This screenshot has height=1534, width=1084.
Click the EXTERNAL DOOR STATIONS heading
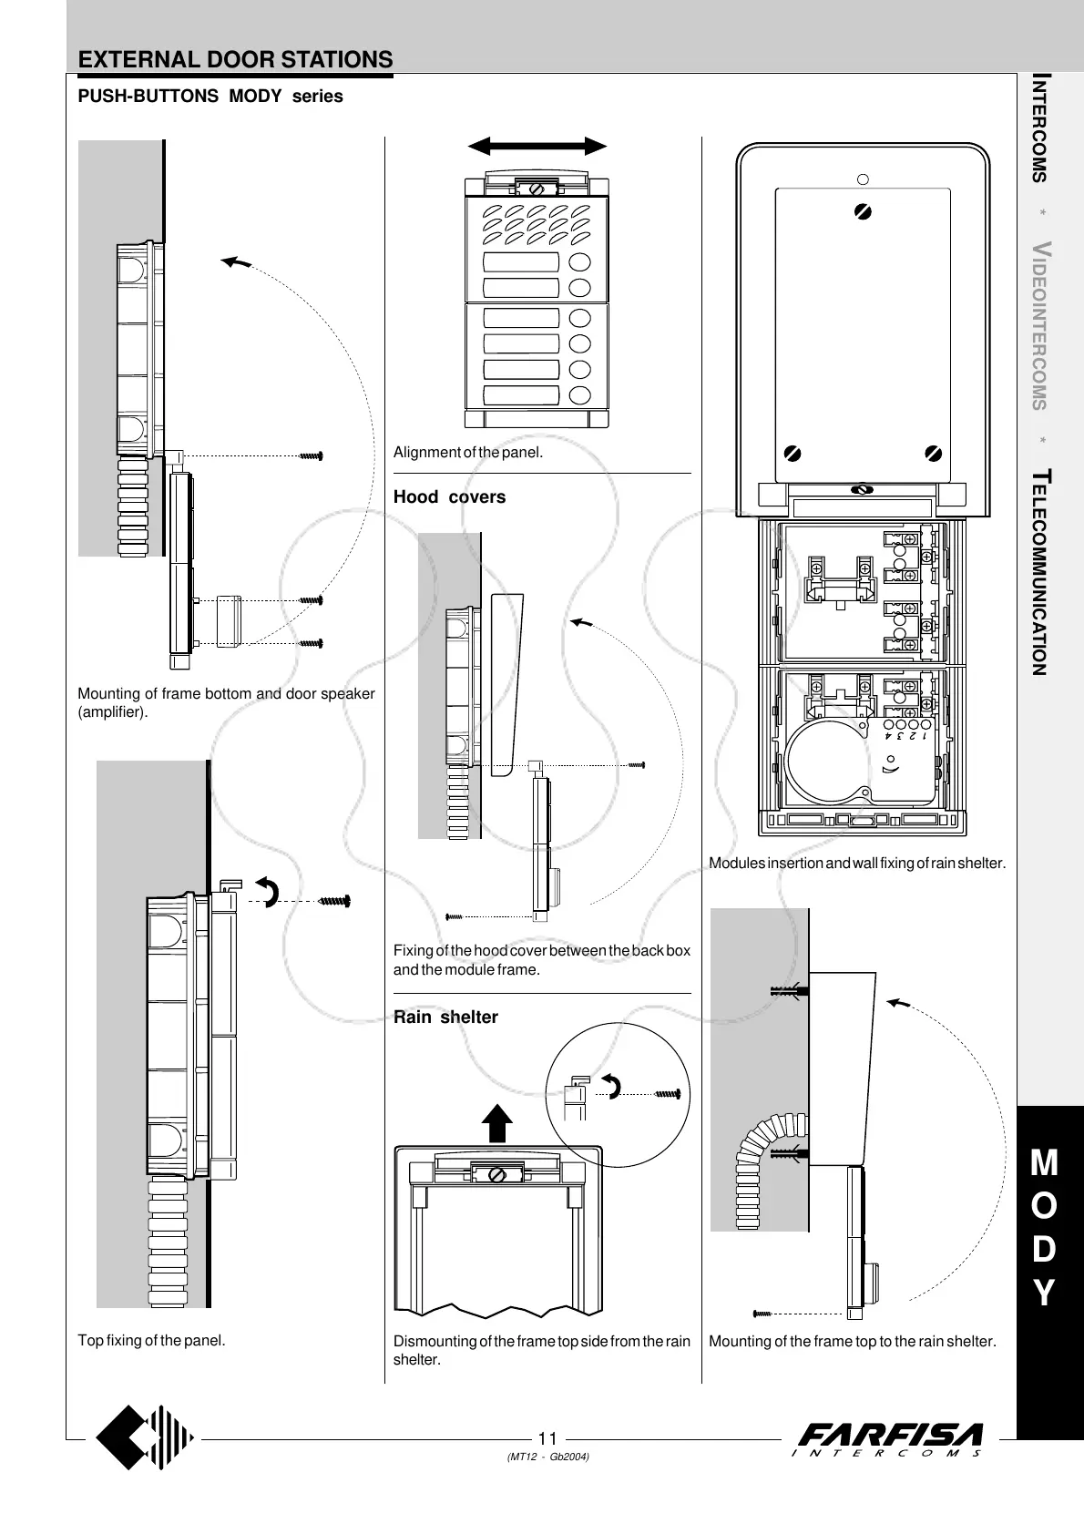click(x=235, y=60)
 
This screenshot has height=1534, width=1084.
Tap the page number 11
click(x=547, y=1438)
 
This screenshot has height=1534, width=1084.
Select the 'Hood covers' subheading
click(x=449, y=497)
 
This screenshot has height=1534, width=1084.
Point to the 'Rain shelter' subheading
click(x=445, y=1018)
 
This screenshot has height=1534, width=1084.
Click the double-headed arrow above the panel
click(x=537, y=147)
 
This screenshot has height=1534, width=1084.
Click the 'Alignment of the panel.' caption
click(x=467, y=453)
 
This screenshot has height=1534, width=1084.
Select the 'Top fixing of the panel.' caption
click(x=151, y=1340)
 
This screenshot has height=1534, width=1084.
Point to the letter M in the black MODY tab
click(x=1045, y=1163)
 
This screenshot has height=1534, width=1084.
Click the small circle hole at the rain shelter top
click(x=864, y=179)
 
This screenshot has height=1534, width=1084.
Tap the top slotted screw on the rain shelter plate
click(x=864, y=211)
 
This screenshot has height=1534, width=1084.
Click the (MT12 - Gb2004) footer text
click(x=547, y=1457)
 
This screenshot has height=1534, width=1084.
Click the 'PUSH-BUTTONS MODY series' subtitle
click(x=210, y=97)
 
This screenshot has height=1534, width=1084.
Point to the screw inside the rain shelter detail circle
click(x=668, y=1092)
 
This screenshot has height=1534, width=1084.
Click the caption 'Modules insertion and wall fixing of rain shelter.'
click(x=857, y=863)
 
